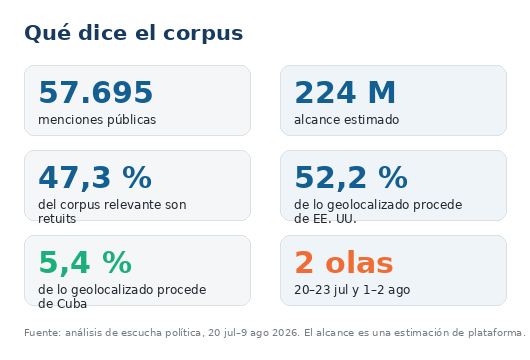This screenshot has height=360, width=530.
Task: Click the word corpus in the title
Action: (x=203, y=34)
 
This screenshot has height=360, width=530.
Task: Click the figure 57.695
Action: (x=96, y=92)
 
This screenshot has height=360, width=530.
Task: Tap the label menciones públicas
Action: (x=97, y=120)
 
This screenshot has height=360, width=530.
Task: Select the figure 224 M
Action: (x=345, y=92)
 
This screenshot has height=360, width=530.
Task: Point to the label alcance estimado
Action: (x=346, y=120)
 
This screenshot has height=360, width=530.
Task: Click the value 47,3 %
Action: (x=95, y=177)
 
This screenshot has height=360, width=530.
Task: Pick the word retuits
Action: (x=57, y=219)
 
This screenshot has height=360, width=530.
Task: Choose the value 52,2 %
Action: (x=351, y=177)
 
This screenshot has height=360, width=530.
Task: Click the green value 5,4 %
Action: (x=85, y=263)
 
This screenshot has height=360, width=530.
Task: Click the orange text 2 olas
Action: (x=344, y=263)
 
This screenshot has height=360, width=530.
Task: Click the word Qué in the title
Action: (x=48, y=33)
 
